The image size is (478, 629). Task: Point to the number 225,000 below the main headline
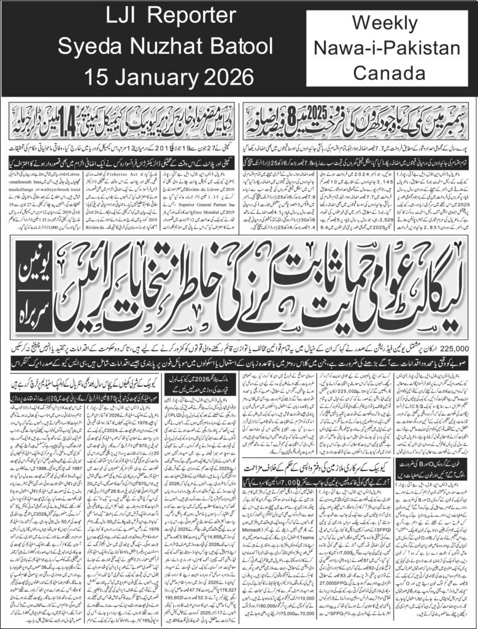click(x=452, y=348)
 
